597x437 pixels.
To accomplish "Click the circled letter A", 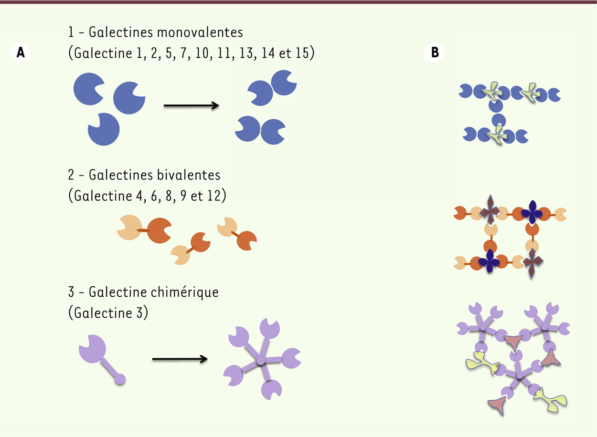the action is click(20, 52).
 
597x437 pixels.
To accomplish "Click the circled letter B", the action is click(435, 52).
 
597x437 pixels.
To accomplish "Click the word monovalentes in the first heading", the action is click(200, 32).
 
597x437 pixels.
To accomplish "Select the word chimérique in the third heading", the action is click(185, 292).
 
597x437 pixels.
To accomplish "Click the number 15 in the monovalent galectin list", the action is click(302, 53).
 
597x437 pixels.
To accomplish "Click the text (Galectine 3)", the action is click(108, 313).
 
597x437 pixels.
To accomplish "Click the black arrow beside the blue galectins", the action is click(192, 106).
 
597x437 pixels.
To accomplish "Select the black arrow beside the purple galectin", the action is click(180, 359).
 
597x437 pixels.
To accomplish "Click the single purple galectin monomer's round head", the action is click(93, 349).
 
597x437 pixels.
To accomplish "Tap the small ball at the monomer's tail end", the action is click(120, 379).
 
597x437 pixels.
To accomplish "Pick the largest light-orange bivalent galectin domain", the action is click(129, 228).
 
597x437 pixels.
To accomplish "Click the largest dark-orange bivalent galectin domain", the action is click(159, 230).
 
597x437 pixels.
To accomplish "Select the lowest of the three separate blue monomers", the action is click(104, 129).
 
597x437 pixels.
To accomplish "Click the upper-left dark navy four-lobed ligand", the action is click(532, 212).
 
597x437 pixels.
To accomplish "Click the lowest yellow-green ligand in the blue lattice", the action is click(497, 135).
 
